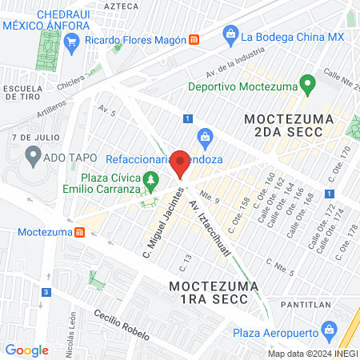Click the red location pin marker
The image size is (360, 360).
pyautogui.click(x=181, y=163)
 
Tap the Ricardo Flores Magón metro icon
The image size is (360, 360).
pyautogui.click(x=194, y=40)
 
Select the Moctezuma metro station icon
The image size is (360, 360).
pyautogui.click(x=79, y=233)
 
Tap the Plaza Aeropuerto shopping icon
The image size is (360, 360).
pyautogui.click(x=328, y=330)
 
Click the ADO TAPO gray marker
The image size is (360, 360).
pyautogui.click(x=33, y=155)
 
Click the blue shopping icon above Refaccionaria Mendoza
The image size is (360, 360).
pyautogui.click(x=205, y=137)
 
